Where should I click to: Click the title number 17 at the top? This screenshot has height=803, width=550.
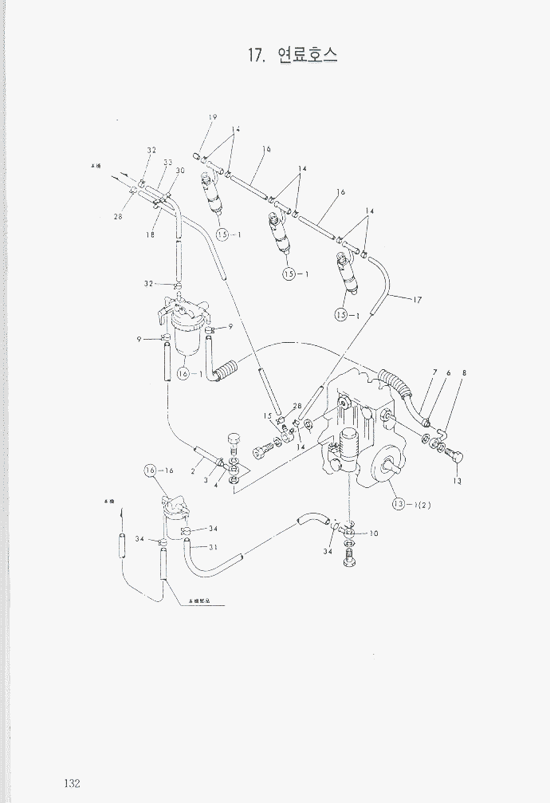[x=255, y=55]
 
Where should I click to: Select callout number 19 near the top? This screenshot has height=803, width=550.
[x=213, y=118]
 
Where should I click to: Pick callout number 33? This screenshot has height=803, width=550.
[x=168, y=162]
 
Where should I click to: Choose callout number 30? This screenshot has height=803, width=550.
[x=180, y=171]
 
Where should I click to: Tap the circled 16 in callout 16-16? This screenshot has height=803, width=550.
[x=151, y=471]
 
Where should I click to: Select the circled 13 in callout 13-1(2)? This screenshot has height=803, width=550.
[x=399, y=504]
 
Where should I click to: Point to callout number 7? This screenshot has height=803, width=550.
[x=434, y=373]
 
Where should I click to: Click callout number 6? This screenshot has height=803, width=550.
[x=449, y=373]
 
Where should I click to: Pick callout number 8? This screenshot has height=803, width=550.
[x=464, y=373]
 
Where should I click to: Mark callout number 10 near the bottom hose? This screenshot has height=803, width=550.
[x=374, y=533]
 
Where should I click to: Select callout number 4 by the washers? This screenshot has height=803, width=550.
[x=215, y=485]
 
